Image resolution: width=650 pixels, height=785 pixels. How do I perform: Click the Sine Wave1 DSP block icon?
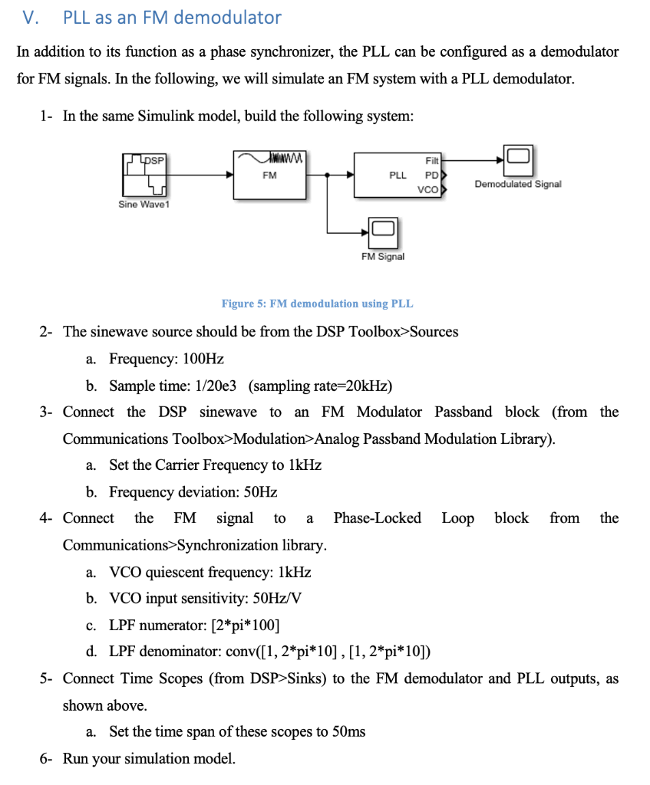[145, 175]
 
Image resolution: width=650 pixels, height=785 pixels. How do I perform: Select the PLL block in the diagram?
[397, 175]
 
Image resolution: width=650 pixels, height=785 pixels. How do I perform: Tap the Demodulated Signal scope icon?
[517, 158]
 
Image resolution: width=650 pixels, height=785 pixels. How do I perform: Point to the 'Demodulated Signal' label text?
[518, 184]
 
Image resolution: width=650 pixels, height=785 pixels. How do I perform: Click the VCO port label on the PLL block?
[427, 189]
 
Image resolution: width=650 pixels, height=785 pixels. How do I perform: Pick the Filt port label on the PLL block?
[431, 161]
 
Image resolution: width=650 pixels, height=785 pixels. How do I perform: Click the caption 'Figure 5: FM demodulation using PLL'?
[317, 304]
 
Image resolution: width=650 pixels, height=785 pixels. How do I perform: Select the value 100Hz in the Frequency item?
[203, 359]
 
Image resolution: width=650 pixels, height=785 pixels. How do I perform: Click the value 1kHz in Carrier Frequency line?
[305, 465]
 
